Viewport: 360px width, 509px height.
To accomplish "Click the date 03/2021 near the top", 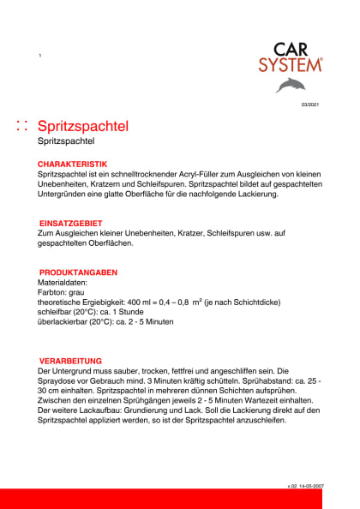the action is point(309,105).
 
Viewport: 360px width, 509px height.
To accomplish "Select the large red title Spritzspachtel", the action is point(84,126).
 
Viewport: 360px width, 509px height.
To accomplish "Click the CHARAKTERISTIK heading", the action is point(72,163).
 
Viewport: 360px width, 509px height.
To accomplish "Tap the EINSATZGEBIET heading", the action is point(71,223).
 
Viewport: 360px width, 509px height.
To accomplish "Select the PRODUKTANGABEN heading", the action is point(78,272).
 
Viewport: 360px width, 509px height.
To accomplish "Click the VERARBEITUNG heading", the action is point(71,361).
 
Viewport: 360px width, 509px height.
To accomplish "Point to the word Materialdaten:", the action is point(63,283).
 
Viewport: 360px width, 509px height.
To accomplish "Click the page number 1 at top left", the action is point(40,56).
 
